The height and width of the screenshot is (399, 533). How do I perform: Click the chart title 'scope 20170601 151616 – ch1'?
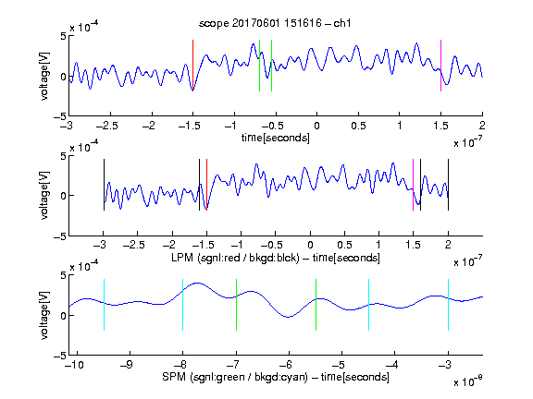pyautogui.click(x=275, y=23)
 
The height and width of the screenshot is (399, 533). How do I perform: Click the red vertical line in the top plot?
pyautogui.click(x=192, y=66)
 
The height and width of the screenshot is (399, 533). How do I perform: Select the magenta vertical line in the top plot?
pyautogui.click(x=440, y=66)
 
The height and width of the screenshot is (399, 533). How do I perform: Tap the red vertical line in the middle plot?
pyautogui.click(x=206, y=185)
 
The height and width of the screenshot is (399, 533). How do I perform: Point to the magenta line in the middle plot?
pyautogui.click(x=413, y=185)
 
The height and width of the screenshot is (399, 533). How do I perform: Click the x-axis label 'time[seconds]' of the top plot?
pyautogui.click(x=276, y=138)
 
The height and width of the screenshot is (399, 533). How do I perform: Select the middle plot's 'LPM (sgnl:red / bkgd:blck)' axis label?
pyautogui.click(x=235, y=258)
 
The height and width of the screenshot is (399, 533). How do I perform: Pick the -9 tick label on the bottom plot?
pyautogui.click(x=127, y=365)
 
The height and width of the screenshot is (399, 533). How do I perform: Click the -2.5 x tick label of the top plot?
pyautogui.click(x=107, y=126)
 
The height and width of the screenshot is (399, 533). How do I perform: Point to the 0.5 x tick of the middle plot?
pyautogui.click(x=344, y=245)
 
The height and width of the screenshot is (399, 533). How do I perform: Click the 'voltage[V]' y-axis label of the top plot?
pyautogui.click(x=44, y=76)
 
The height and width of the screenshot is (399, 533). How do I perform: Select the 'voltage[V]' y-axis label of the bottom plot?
pyautogui.click(x=44, y=315)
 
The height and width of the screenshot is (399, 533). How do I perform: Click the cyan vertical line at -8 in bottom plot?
pyautogui.click(x=183, y=305)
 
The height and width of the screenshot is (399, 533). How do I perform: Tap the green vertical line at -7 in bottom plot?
pyautogui.click(x=236, y=305)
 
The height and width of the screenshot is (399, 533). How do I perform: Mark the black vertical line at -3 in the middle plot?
pyautogui.click(x=104, y=185)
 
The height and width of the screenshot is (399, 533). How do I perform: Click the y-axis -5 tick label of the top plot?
pyautogui.click(x=60, y=116)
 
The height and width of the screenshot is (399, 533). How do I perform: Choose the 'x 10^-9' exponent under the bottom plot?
pyautogui.click(x=468, y=381)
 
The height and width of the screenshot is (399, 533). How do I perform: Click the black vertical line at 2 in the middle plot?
pyautogui.click(x=448, y=185)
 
